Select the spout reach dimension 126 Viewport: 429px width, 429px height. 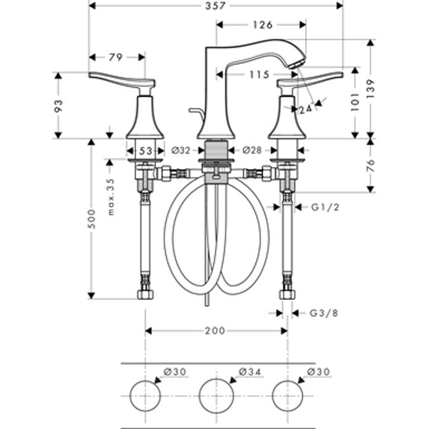coord(261,25)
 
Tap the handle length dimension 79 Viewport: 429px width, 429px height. coord(115,57)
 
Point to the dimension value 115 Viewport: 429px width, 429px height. coord(259,75)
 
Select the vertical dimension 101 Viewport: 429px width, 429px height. coord(355,99)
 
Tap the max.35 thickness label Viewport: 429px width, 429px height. coord(111,197)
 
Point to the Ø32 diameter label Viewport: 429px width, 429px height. coord(182,151)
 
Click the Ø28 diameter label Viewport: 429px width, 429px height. coord(252,151)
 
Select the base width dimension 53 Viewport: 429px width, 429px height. coord(146,151)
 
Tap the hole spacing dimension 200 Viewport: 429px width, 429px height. coord(215,330)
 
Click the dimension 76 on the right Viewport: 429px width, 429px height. coord(371,165)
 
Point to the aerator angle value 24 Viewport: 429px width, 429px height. coord(306,109)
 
